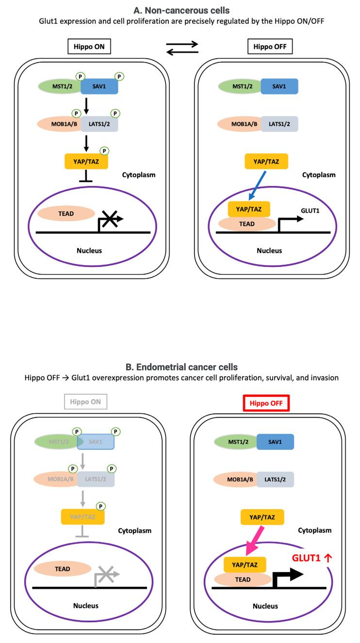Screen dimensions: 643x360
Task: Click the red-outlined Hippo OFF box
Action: pos(266,403)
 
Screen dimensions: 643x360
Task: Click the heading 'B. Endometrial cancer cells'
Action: pos(181,367)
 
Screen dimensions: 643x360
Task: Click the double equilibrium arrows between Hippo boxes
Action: pos(182,48)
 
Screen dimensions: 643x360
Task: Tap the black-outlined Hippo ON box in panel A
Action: pos(89,47)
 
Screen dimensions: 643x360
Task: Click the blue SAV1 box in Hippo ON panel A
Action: pos(98,86)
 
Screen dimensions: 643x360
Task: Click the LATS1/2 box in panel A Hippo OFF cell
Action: pos(279,123)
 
